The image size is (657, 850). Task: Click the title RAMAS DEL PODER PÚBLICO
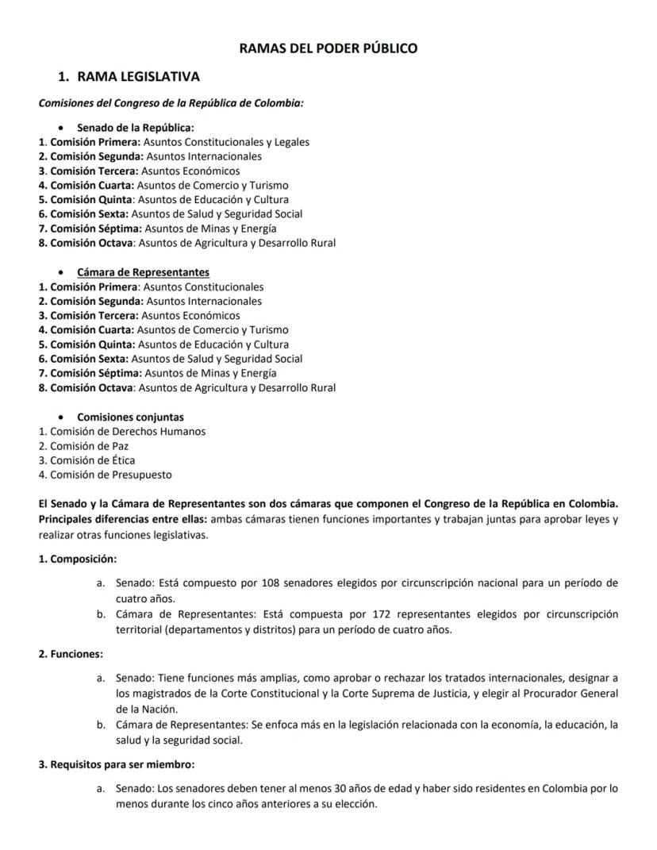point(328,48)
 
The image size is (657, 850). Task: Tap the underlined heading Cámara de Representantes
point(143,272)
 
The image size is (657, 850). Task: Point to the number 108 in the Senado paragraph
point(271,583)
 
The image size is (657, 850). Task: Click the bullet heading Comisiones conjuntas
point(130,417)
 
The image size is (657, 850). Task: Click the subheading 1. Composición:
point(78,559)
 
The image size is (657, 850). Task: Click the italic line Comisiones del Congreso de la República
point(171,103)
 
